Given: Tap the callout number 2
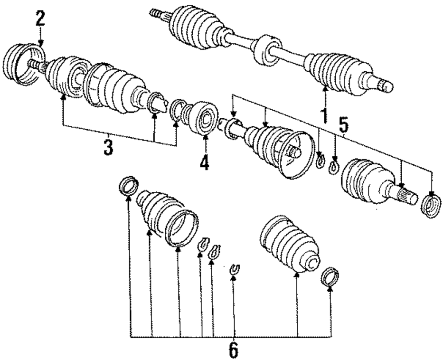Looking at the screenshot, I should [x=40, y=19].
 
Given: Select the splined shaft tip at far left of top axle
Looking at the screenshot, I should [x=156, y=13].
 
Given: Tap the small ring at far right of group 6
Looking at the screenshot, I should [x=330, y=277].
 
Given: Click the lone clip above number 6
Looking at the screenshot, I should [x=235, y=268].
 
